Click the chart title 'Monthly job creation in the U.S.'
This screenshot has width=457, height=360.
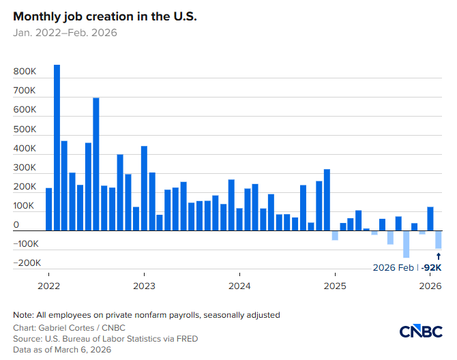(x=104, y=16)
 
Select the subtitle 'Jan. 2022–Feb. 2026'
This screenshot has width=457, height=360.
(x=65, y=33)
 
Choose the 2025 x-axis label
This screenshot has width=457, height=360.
(x=334, y=285)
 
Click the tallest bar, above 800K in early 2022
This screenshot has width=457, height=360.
(x=57, y=147)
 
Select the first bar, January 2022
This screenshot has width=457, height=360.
(x=49, y=209)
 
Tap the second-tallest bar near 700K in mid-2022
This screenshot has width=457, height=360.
(x=96, y=164)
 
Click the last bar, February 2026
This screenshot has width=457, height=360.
(x=439, y=239)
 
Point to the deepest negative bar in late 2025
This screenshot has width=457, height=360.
(x=407, y=244)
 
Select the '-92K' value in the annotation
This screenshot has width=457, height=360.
(x=431, y=268)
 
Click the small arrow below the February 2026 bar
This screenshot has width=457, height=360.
(x=439, y=256)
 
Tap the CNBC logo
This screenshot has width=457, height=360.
(x=421, y=331)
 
